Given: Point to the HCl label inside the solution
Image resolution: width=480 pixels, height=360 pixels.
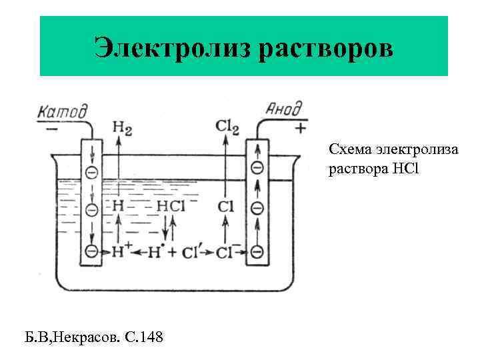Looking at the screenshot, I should [x=170, y=206].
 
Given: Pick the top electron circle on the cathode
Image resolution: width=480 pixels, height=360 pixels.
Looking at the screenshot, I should [x=91, y=172].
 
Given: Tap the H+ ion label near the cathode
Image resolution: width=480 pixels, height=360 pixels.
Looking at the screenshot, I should [x=122, y=251].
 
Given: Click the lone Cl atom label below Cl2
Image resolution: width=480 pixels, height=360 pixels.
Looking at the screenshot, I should [x=226, y=207].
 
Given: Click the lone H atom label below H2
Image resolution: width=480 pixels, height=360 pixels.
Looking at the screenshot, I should [x=118, y=206].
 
